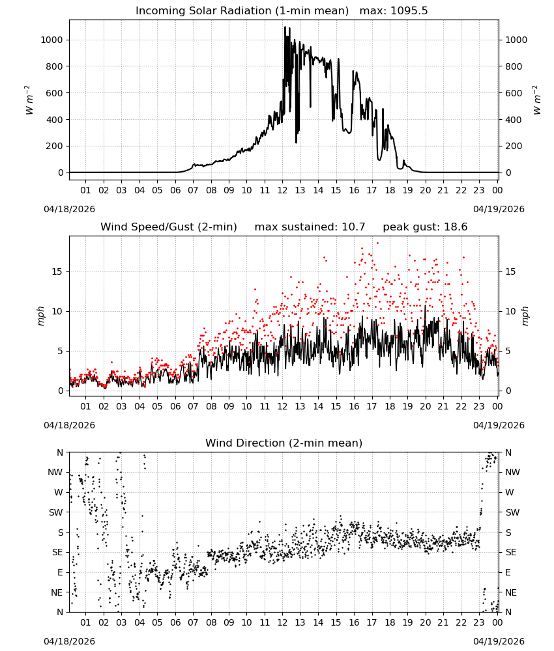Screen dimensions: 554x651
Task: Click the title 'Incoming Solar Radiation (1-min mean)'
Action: pos(242,11)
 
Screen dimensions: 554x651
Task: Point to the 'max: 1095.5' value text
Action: pos(394,11)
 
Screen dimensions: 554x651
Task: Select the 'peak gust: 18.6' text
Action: pos(425,227)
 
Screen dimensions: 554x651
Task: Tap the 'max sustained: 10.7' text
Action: pos(310,227)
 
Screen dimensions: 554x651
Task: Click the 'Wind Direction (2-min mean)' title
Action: pos(284,443)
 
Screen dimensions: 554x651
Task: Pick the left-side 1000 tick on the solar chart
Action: pos(51,40)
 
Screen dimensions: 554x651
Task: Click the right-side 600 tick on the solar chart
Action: pos(514,93)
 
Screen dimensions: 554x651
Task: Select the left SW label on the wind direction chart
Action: pos(55,512)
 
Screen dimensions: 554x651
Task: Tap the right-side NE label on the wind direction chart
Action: pos(511,592)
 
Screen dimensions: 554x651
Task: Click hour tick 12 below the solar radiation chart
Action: pos(283,191)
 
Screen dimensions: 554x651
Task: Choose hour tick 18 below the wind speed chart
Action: pos(390,406)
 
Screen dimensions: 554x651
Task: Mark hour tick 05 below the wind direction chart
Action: pos(157,622)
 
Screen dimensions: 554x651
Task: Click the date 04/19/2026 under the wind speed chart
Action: pos(499,425)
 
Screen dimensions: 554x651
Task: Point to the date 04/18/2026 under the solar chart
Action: pos(69,209)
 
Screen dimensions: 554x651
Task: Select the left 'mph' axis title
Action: pos(40,316)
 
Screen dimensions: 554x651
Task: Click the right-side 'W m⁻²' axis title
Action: pos(536,100)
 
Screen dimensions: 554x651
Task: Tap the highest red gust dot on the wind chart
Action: pos(378,243)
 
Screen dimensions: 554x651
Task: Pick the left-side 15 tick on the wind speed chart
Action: pos(57,271)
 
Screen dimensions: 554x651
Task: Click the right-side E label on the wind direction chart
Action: pos(508,572)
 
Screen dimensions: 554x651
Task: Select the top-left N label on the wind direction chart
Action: pos(60,452)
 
